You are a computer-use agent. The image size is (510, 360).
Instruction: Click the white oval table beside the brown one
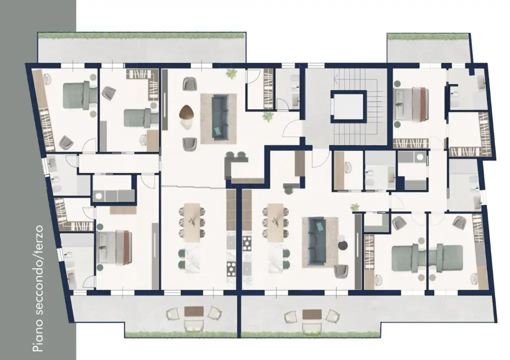pyautogui.click(x=187, y=124)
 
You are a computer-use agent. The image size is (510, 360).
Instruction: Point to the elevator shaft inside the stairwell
pyautogui.click(x=347, y=106)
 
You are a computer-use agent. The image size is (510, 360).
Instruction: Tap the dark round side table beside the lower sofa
pyautogui.click(x=343, y=245)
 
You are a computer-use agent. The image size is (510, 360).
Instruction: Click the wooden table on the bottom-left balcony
pyautogui.click(x=194, y=311)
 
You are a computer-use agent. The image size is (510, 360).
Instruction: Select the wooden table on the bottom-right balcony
pyautogui.click(x=312, y=314)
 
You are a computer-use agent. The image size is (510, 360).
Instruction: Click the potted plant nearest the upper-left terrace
pyautogui.click(x=232, y=73)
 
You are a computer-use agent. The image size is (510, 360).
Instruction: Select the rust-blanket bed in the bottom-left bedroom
pyautogui.click(x=115, y=247)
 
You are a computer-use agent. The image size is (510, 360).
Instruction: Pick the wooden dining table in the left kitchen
pyautogui.click(x=192, y=222)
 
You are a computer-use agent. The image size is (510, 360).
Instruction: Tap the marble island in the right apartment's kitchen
pyautogui.click(x=275, y=259)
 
